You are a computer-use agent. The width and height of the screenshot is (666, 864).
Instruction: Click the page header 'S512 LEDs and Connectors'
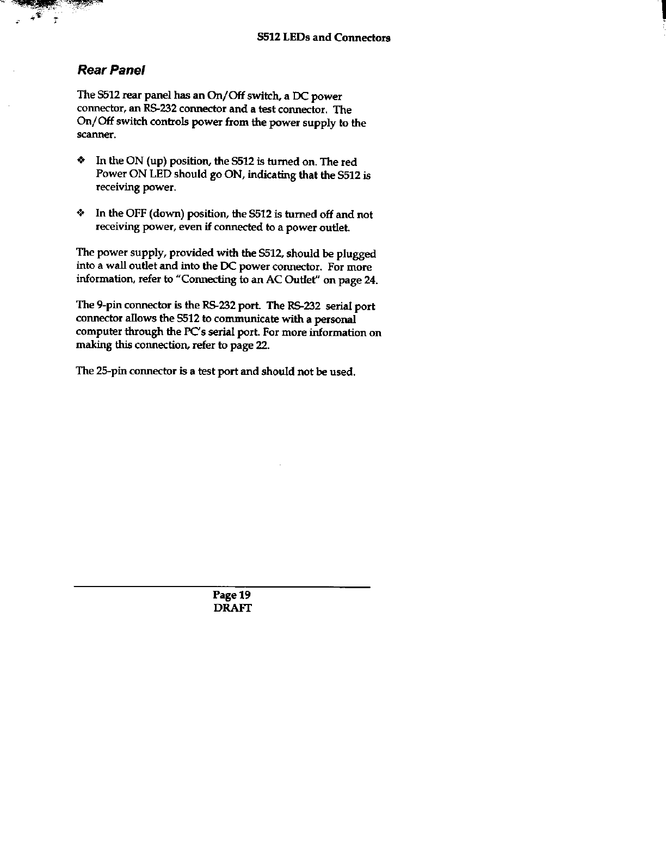[323, 38]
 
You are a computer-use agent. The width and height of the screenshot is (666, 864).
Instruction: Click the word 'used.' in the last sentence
[343, 372]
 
